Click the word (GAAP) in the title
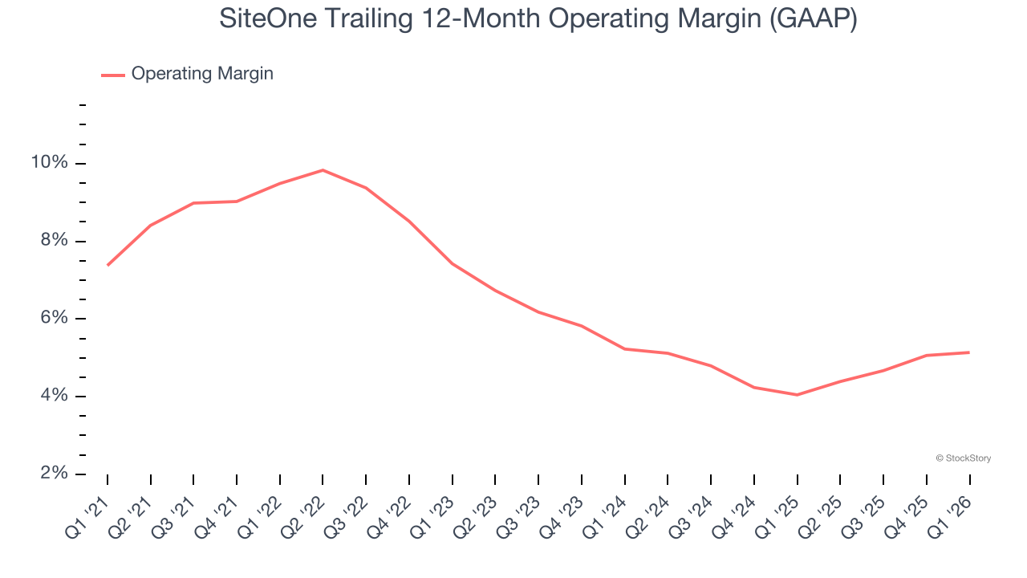[812, 19]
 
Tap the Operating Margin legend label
[202, 74]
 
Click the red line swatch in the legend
[112, 75]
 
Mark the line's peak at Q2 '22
[323, 170]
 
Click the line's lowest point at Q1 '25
[797, 395]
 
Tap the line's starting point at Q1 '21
[108, 265]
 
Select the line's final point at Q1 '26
[969, 352]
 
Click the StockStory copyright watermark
[963, 458]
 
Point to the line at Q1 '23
[452, 263]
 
